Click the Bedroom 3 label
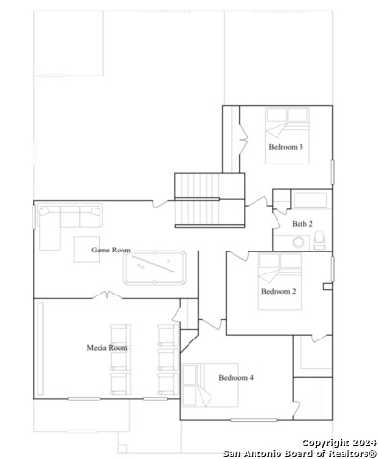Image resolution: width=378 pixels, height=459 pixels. click(285, 147)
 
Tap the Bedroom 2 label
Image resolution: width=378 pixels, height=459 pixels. click(278, 291)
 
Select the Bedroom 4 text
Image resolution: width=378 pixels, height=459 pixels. click(235, 378)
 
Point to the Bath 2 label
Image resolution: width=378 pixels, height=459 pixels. click(302, 224)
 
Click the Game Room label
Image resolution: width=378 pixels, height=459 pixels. click(111, 250)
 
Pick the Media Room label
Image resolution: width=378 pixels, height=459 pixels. click(107, 348)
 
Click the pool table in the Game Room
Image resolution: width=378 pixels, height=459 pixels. click(155, 268)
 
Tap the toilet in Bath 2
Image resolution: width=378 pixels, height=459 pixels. click(320, 239)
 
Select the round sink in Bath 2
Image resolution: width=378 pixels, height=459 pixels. click(299, 242)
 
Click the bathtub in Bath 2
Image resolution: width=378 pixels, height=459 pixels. click(310, 200)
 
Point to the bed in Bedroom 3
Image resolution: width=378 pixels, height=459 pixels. click(287, 136)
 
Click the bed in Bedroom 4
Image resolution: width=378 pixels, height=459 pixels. click(210, 385)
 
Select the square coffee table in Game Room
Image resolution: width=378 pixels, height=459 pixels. click(86, 250)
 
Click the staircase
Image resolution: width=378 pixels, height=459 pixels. click(210, 200)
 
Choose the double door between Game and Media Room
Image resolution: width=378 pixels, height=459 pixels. click(107, 295)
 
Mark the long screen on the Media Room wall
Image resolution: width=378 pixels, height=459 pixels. click(40, 349)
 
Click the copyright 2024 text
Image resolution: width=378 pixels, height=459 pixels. click(340, 443)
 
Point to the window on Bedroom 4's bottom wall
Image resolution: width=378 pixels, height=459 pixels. click(254, 420)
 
